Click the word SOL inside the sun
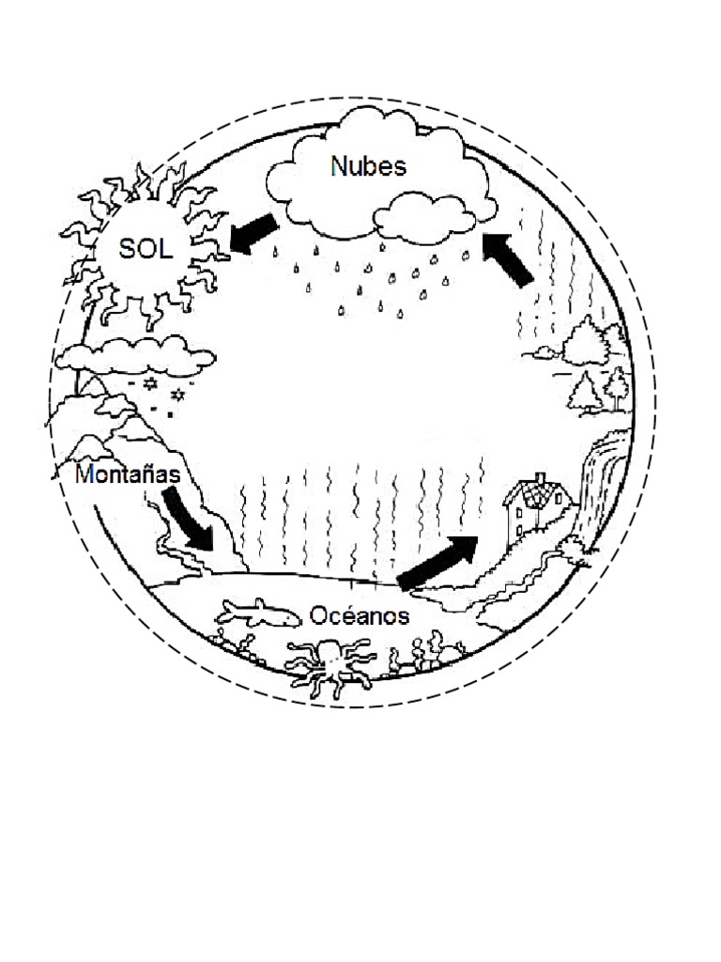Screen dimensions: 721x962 (146, 250)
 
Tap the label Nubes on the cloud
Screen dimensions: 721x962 (368, 166)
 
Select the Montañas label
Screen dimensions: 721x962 (128, 474)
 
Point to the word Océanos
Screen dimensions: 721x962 (360, 615)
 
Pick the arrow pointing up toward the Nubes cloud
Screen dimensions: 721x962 (508, 258)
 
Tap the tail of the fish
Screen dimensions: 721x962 (226, 615)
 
